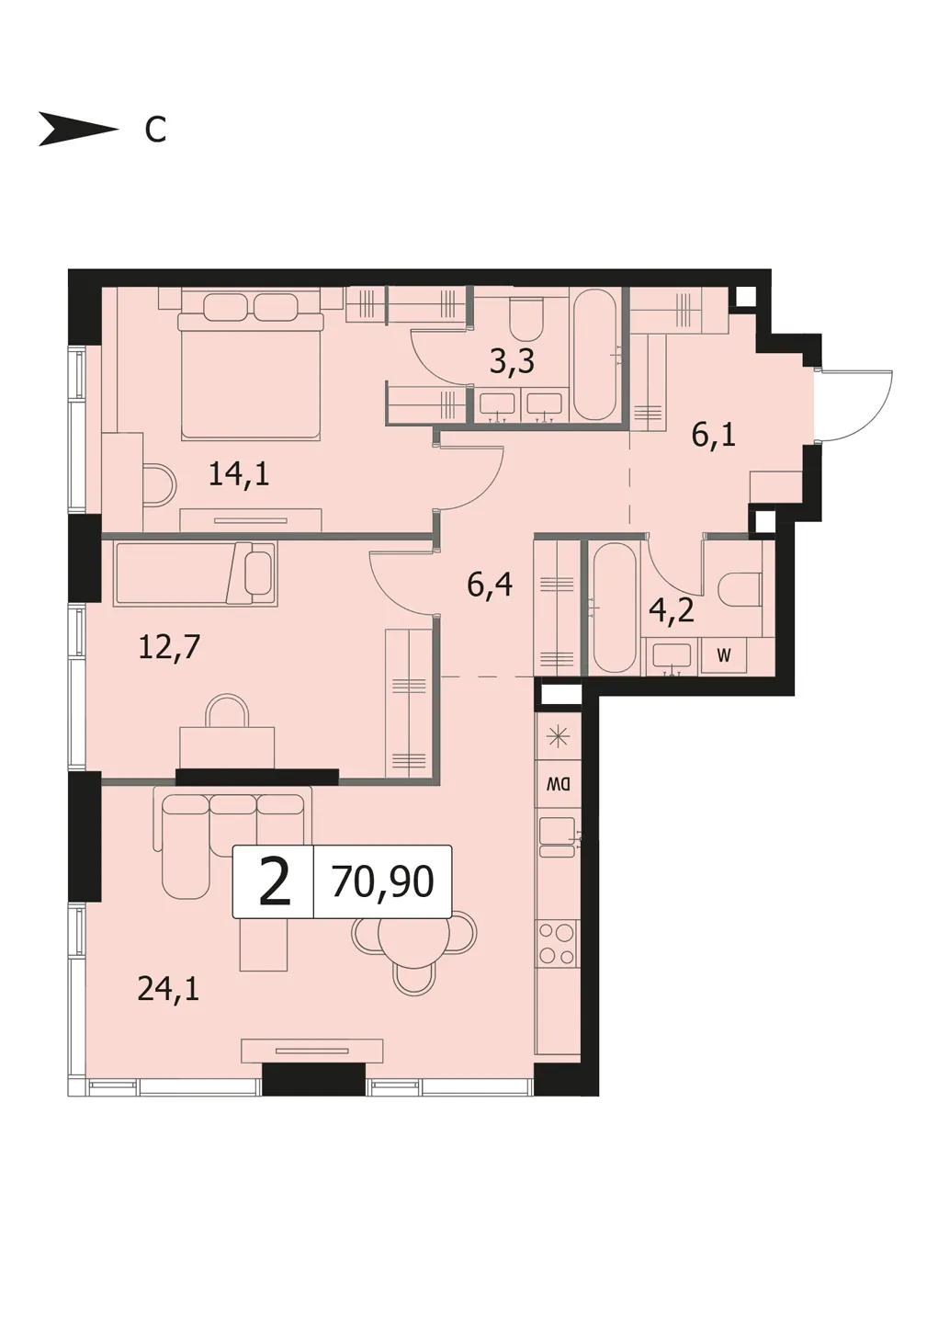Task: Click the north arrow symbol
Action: click(x=78, y=129)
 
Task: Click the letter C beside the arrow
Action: click(x=155, y=130)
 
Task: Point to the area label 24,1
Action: click(x=168, y=990)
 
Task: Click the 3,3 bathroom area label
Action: click(x=512, y=362)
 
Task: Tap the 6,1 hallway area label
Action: click(x=714, y=436)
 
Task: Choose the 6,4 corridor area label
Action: click(x=490, y=585)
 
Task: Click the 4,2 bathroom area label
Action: click(x=672, y=611)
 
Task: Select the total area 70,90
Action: click(x=383, y=881)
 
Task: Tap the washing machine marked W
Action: click(x=724, y=656)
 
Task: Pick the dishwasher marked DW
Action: click(x=558, y=784)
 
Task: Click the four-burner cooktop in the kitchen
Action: click(x=557, y=944)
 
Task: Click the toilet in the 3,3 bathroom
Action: click(x=526, y=316)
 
